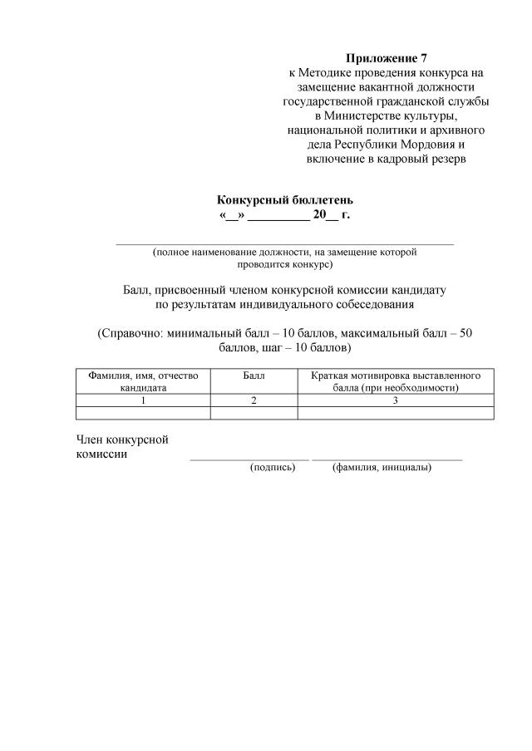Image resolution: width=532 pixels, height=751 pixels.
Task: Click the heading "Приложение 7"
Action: coord(386,58)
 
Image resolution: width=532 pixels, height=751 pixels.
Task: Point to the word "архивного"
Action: coord(451,130)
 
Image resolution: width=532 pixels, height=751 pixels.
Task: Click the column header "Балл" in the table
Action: coord(254,375)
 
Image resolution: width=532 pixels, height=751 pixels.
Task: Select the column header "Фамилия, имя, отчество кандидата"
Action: coord(143,381)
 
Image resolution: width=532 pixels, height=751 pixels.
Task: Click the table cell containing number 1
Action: coord(143,400)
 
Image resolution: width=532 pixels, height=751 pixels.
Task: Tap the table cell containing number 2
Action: coord(254,400)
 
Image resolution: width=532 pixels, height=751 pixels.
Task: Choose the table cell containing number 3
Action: coord(396,400)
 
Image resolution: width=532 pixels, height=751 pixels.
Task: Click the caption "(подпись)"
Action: coord(273,468)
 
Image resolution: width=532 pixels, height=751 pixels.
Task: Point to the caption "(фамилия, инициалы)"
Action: coord(382,468)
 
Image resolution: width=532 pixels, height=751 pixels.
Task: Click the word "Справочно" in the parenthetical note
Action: coord(130,333)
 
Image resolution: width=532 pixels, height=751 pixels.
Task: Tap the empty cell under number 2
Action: coord(254,413)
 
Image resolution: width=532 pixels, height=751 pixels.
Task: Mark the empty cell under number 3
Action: coord(396,413)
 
